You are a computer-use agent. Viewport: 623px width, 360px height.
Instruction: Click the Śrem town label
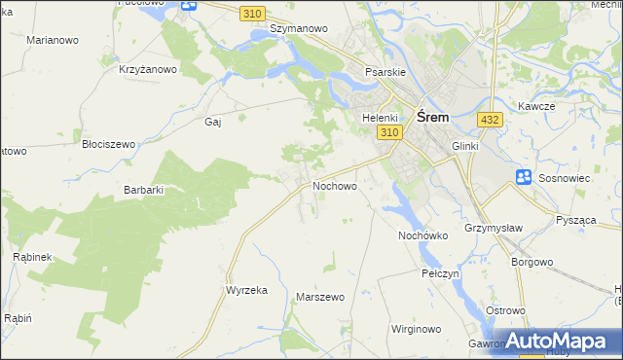(x=432, y=116)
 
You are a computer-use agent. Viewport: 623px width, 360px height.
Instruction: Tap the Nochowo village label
(x=334, y=185)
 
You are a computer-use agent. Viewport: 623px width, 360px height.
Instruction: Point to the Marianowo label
(x=54, y=40)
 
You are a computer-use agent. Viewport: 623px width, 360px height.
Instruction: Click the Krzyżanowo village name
(x=147, y=69)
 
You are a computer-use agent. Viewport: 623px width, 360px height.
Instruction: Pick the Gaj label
(x=213, y=122)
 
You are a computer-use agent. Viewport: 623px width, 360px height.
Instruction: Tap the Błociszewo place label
(x=108, y=143)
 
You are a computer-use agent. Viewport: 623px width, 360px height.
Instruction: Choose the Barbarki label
(x=143, y=190)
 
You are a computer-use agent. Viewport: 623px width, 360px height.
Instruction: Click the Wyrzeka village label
(x=246, y=291)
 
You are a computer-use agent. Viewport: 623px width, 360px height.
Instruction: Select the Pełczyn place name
(x=440, y=274)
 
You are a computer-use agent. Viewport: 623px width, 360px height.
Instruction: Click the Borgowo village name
(x=531, y=262)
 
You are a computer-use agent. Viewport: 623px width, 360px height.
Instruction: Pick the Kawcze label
(x=536, y=106)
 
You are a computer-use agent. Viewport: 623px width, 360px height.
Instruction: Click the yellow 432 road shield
(x=490, y=119)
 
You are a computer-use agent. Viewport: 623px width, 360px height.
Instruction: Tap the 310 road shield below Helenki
(x=389, y=132)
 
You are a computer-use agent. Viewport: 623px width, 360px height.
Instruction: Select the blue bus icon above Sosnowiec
(x=524, y=177)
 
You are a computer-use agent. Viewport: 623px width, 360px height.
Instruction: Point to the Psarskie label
(x=384, y=72)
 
